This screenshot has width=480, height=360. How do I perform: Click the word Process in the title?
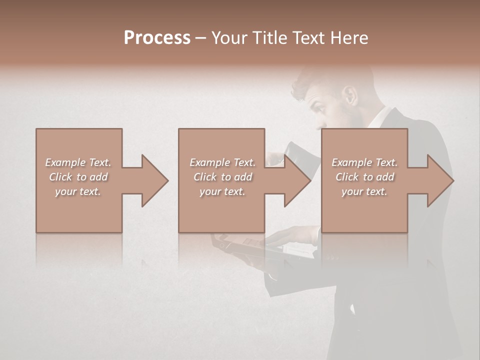tap(157, 38)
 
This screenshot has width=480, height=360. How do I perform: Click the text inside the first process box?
tap(78, 177)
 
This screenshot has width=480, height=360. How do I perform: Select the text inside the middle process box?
tap(222, 177)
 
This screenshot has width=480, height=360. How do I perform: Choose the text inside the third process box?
tap(364, 177)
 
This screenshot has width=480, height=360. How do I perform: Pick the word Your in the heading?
tap(228, 38)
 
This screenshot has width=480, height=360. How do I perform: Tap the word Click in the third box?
tap(348, 177)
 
